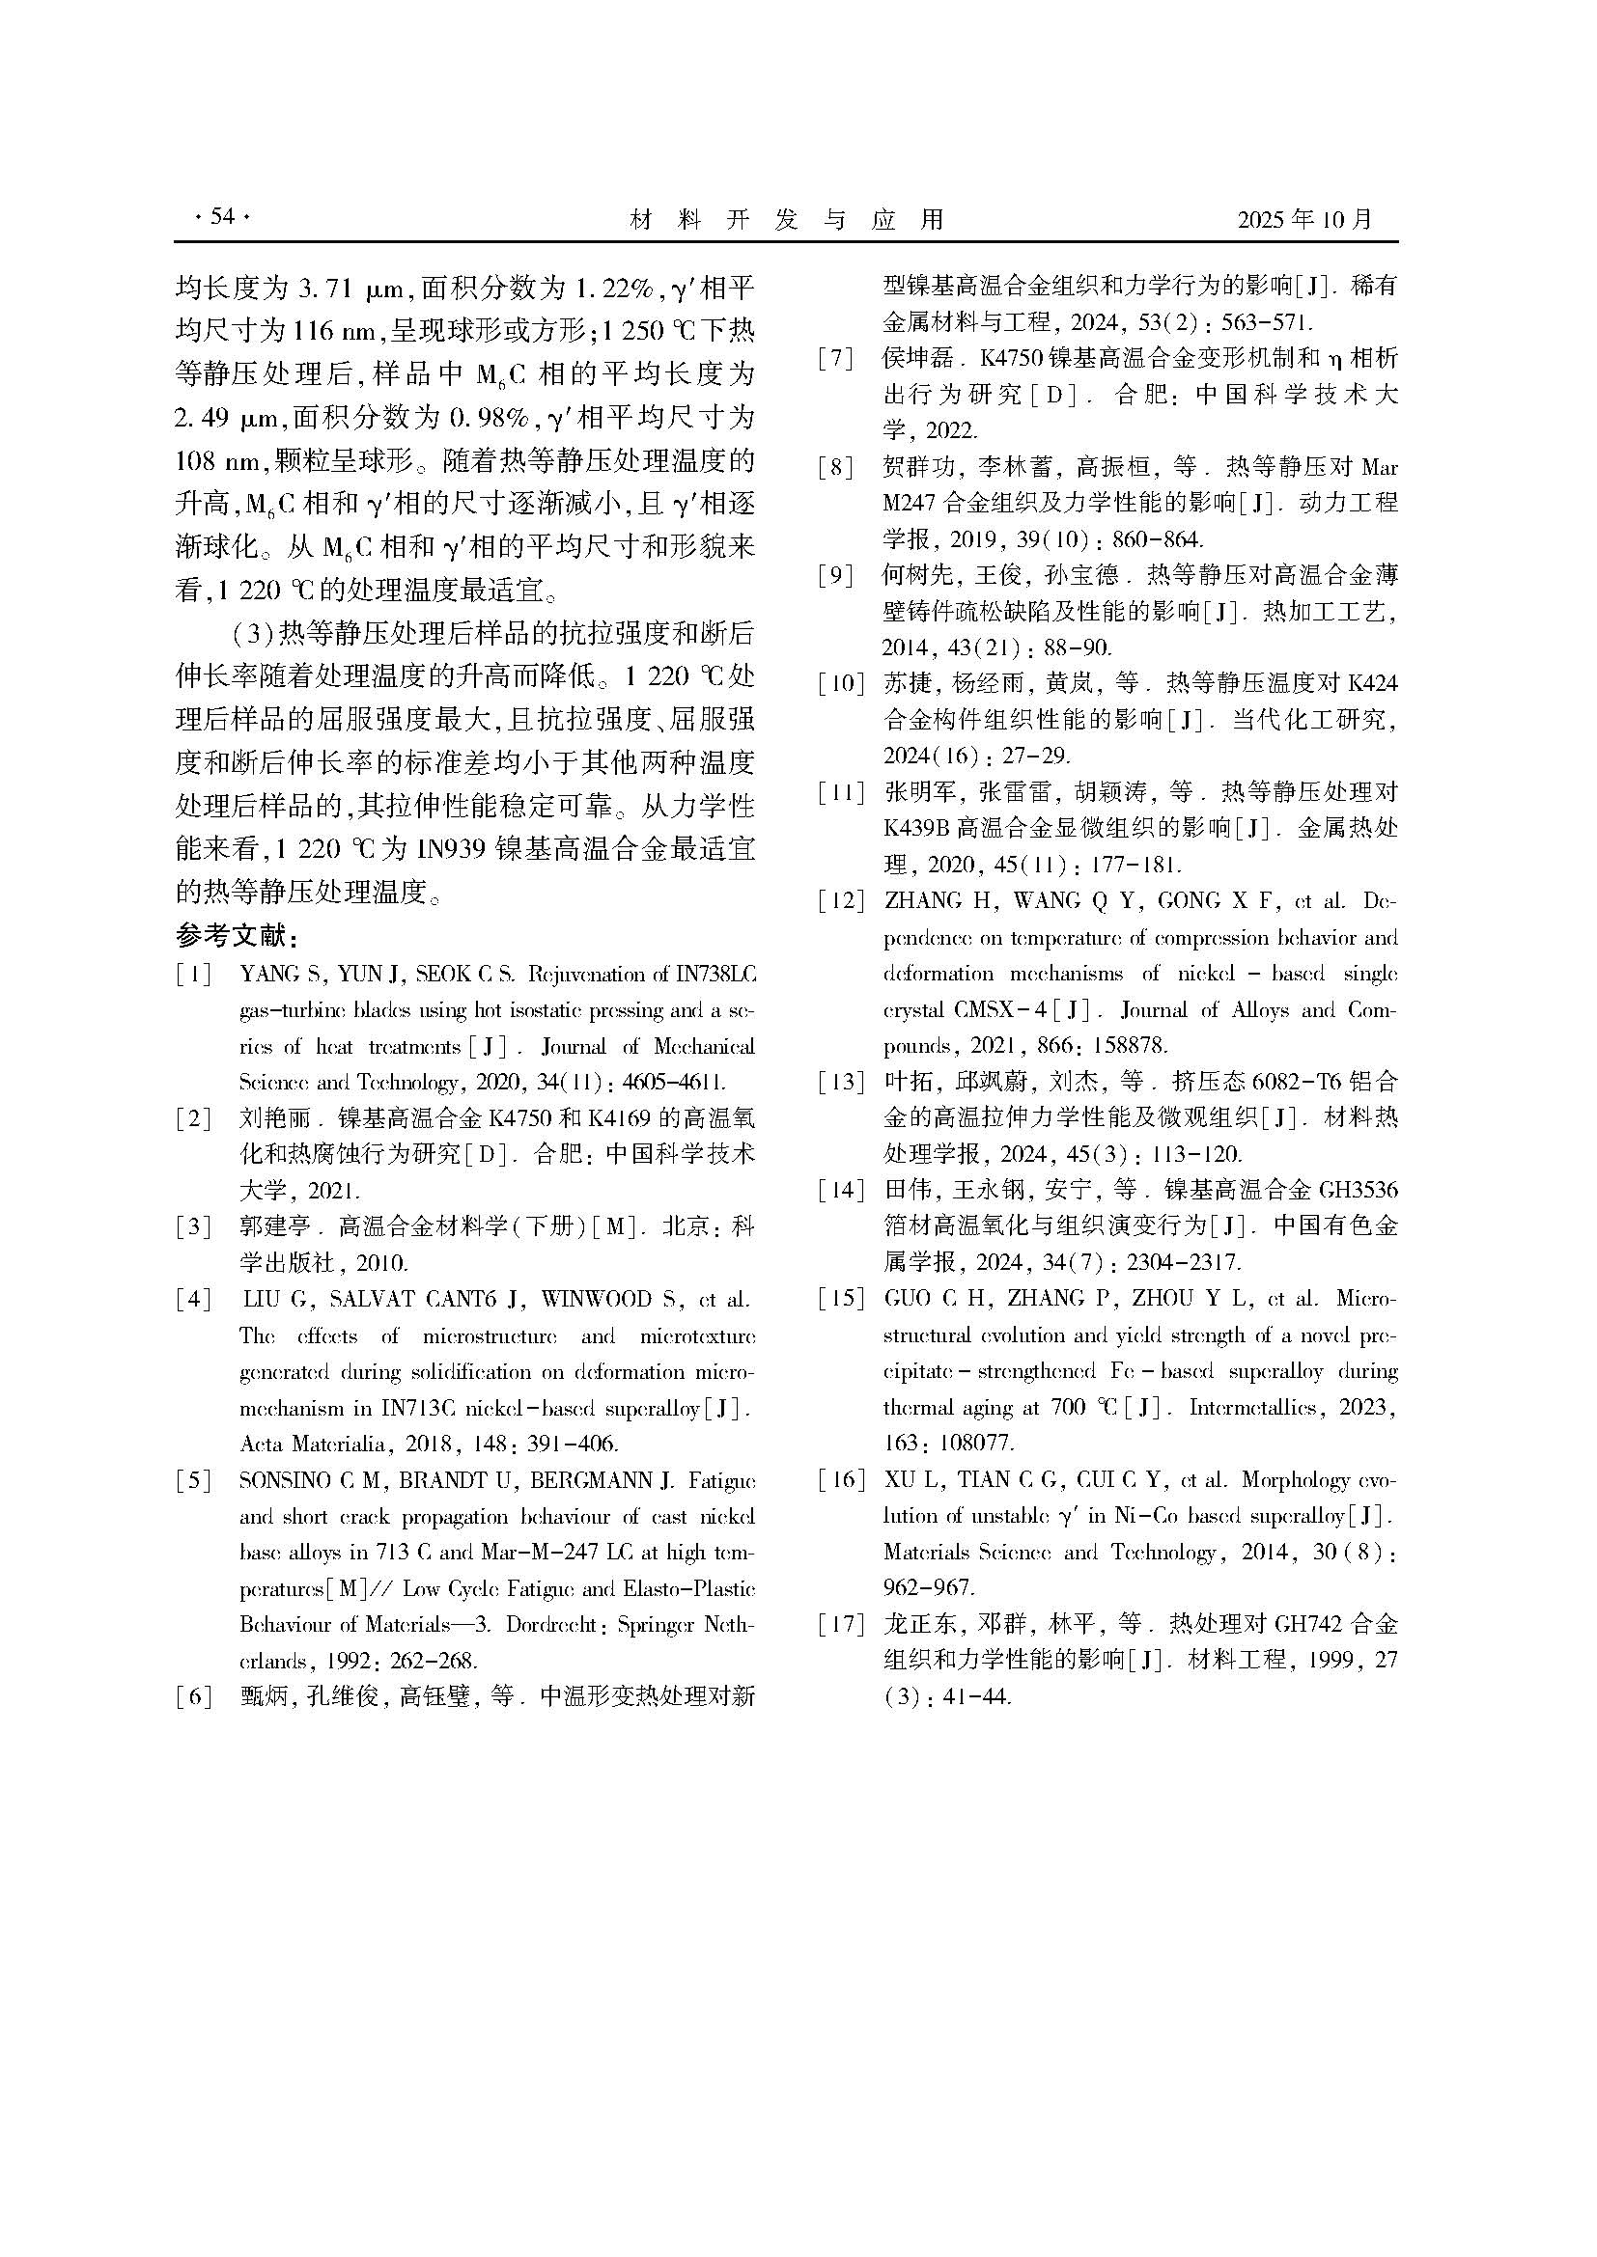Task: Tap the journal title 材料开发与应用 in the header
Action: tap(786, 219)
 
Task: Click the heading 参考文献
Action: tap(236, 934)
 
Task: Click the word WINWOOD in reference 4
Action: tap(597, 1300)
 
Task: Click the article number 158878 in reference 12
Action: tap(1126, 1046)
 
